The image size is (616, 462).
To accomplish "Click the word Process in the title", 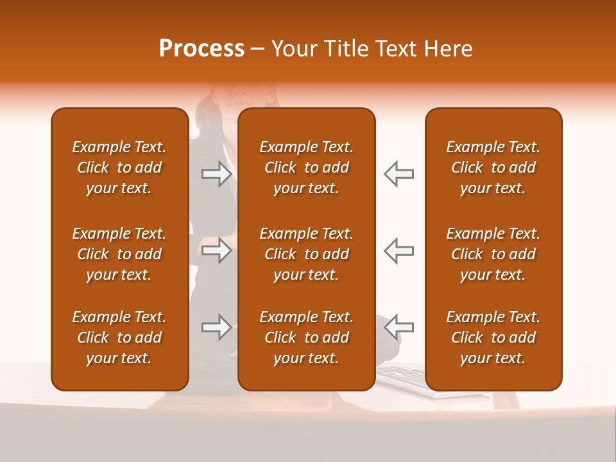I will pos(201,49).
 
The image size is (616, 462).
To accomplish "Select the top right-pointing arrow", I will pos(217,174).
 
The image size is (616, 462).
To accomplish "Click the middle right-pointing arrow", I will pos(217,250).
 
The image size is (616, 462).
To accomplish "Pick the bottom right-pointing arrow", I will pos(217,327).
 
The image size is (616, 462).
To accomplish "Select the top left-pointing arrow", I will pos(399,174).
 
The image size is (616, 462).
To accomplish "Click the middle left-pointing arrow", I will pos(399,250).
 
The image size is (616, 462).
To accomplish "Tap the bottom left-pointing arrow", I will pos(399,327).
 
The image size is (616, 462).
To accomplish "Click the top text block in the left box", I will pos(119,167).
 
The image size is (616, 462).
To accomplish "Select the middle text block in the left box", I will pos(119,254).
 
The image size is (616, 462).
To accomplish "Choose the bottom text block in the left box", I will pos(119,338).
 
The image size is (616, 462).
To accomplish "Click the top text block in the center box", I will pos(306,167).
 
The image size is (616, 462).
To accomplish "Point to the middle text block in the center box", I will pos(306,254).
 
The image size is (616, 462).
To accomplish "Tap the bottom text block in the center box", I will pos(306,338).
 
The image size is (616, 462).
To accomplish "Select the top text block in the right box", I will pos(493,167).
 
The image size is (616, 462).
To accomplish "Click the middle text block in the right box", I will pos(493,254).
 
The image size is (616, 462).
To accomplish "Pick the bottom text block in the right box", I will pos(493,338).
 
